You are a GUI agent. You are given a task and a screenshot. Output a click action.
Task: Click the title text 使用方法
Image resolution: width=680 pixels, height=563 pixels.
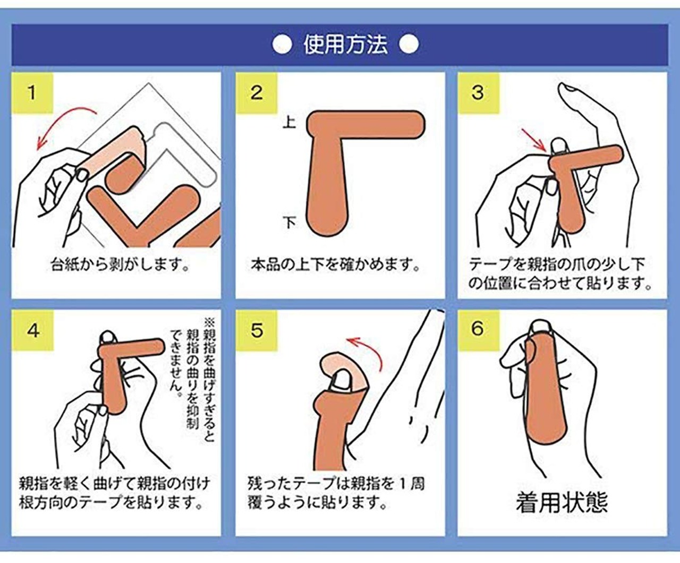point(345,45)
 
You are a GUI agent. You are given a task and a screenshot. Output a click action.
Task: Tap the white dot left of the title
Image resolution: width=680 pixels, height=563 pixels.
point(282,45)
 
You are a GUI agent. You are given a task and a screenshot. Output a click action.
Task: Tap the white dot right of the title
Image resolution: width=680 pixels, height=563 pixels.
point(409,45)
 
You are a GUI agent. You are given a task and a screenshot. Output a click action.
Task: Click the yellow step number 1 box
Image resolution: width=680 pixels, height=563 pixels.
point(32,93)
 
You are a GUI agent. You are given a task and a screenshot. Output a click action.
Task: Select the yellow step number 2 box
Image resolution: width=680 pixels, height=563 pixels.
point(257,93)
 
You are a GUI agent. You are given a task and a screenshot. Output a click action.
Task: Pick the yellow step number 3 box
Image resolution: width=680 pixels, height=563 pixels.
point(479,93)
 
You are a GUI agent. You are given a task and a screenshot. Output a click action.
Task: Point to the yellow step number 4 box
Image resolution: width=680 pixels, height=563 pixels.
point(33,330)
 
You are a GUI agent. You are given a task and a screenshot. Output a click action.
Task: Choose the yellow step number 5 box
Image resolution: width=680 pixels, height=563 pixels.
point(257,330)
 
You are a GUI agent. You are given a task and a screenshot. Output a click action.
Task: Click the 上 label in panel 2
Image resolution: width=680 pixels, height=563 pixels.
point(289,123)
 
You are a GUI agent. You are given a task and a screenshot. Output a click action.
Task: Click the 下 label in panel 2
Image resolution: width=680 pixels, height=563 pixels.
point(289,222)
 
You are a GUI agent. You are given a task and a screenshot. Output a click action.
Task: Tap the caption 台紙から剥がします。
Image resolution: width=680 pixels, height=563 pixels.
point(120,265)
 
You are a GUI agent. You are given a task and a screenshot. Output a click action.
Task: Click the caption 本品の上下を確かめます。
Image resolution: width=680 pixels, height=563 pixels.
point(335,265)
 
